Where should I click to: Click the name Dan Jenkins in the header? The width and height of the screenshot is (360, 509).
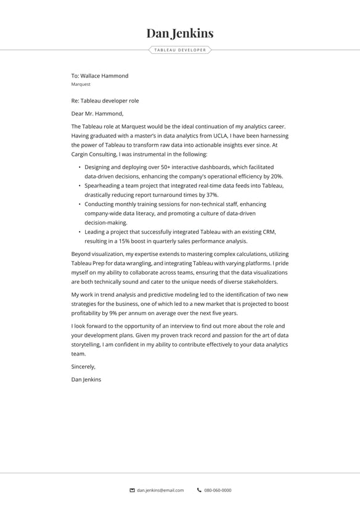tap(180, 33)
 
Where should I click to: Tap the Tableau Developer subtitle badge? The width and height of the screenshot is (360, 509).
tap(180, 50)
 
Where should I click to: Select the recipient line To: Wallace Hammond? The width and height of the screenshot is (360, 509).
tap(100, 76)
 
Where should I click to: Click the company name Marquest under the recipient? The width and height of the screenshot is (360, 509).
tap(81, 85)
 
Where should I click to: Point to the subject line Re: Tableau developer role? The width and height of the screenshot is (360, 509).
tap(105, 100)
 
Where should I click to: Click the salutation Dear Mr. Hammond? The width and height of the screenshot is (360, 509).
tap(97, 114)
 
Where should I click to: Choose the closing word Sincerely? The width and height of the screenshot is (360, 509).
tap(83, 366)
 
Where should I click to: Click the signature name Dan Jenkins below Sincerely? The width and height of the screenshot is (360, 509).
tap(86, 379)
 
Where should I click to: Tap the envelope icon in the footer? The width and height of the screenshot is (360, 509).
tap(132, 490)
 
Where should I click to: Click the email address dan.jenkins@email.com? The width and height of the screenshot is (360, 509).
tap(160, 490)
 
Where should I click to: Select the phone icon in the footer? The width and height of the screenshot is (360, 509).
tap(199, 490)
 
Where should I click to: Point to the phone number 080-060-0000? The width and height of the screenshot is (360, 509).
tap(218, 490)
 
